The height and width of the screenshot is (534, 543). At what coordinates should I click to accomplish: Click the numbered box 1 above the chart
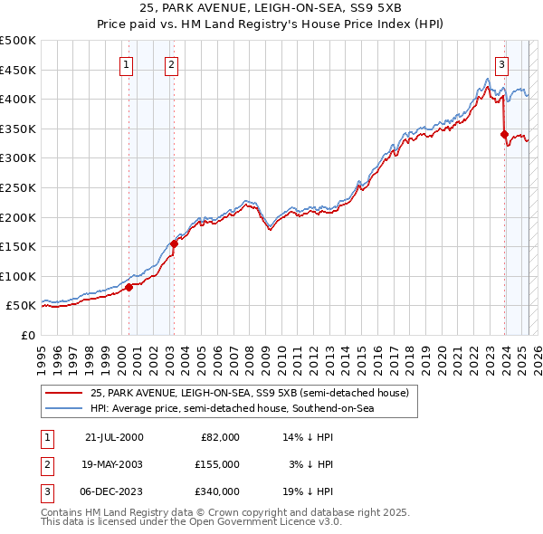coord(126,64)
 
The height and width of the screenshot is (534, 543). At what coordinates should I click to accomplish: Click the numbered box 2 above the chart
coord(171,64)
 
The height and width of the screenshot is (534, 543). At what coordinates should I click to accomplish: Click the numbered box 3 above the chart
coord(501,64)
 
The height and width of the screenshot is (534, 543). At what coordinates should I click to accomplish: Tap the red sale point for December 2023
coord(504,135)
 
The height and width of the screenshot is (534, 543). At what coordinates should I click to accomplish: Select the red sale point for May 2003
coord(174,243)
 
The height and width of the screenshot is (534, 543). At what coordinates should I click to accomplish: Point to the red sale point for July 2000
coord(129,287)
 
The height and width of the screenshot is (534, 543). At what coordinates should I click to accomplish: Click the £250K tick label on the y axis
coord(18,187)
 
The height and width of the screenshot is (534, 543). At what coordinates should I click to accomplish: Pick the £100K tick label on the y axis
coord(18,276)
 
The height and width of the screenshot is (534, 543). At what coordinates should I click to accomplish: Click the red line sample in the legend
coord(64,393)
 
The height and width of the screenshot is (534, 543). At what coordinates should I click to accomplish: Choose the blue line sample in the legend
coord(64,409)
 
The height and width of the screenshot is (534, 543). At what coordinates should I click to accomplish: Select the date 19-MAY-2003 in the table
coord(113,464)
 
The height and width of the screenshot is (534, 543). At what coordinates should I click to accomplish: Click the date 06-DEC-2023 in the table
coord(113,491)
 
